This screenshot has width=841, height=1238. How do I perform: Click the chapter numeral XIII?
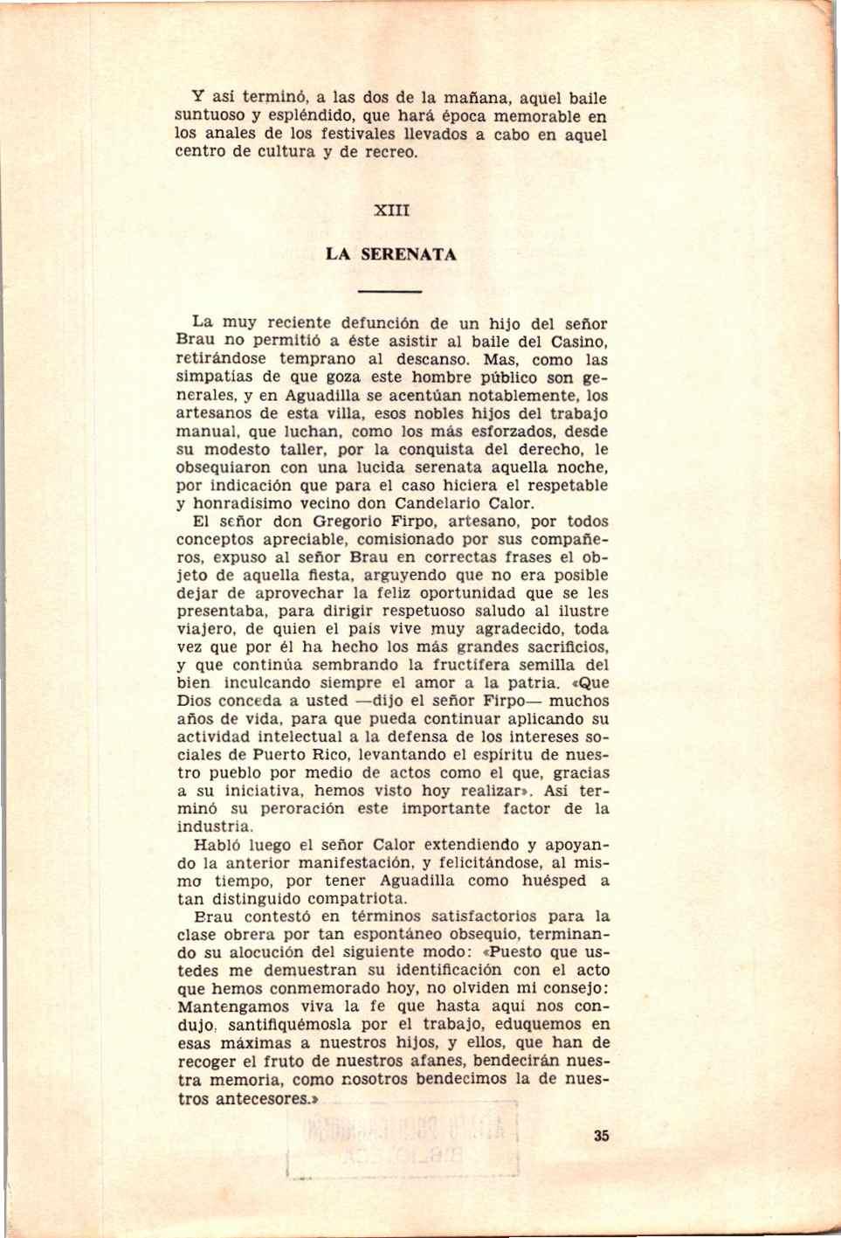[x=391, y=211]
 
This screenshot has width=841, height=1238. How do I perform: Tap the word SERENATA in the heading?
[x=409, y=255]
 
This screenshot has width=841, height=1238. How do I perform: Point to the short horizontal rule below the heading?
[x=390, y=292]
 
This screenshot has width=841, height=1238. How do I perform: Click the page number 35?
[x=601, y=1136]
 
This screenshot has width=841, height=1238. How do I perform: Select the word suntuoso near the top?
[x=209, y=116]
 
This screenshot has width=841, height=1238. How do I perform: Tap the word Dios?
[x=193, y=701]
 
